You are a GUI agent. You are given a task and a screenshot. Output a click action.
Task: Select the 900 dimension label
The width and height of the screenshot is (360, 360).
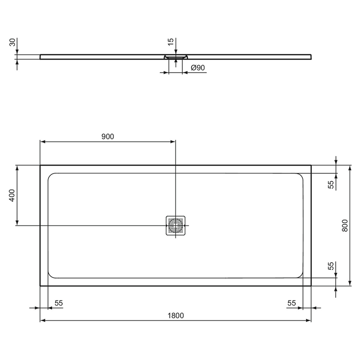click(x=108, y=136)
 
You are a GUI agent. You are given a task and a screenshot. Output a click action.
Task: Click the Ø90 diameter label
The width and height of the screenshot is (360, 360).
click(x=198, y=67)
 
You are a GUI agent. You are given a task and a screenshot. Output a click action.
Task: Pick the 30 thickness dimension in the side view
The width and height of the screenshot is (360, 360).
click(x=12, y=42)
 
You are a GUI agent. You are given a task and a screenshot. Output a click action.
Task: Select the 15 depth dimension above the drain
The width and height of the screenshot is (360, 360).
click(x=170, y=42)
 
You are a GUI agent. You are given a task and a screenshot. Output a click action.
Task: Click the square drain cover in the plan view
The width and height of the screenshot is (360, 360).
click(x=175, y=225)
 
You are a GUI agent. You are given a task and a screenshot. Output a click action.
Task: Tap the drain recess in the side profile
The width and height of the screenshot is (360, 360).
click(x=175, y=57)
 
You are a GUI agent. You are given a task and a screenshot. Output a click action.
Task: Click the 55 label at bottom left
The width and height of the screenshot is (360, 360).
click(x=58, y=303)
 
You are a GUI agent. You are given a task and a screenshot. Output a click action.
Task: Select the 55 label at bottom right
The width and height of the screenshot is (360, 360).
click(x=291, y=303)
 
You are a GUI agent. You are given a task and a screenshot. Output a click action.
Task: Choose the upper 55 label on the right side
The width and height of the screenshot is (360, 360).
click(x=331, y=184)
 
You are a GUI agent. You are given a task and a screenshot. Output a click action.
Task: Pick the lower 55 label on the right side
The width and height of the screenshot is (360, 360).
click(x=331, y=266)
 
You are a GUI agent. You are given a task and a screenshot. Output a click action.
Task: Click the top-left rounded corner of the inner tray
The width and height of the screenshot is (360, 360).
click(x=51, y=175)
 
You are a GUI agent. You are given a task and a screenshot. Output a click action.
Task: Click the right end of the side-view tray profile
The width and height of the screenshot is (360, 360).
click(x=311, y=56)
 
